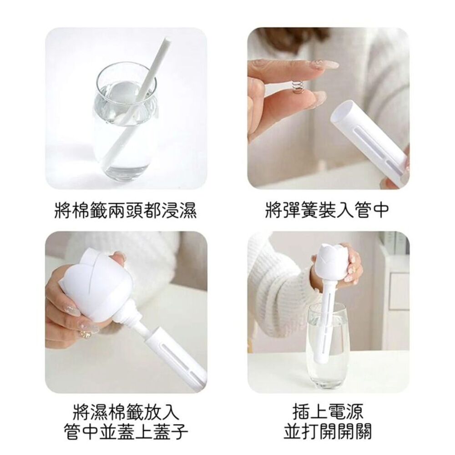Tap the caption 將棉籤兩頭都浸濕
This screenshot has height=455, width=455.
point(126,210)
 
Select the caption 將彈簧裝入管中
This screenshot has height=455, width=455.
point(327,210)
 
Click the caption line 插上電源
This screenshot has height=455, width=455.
point(328,411)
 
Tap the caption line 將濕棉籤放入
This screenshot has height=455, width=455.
point(126,411)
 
